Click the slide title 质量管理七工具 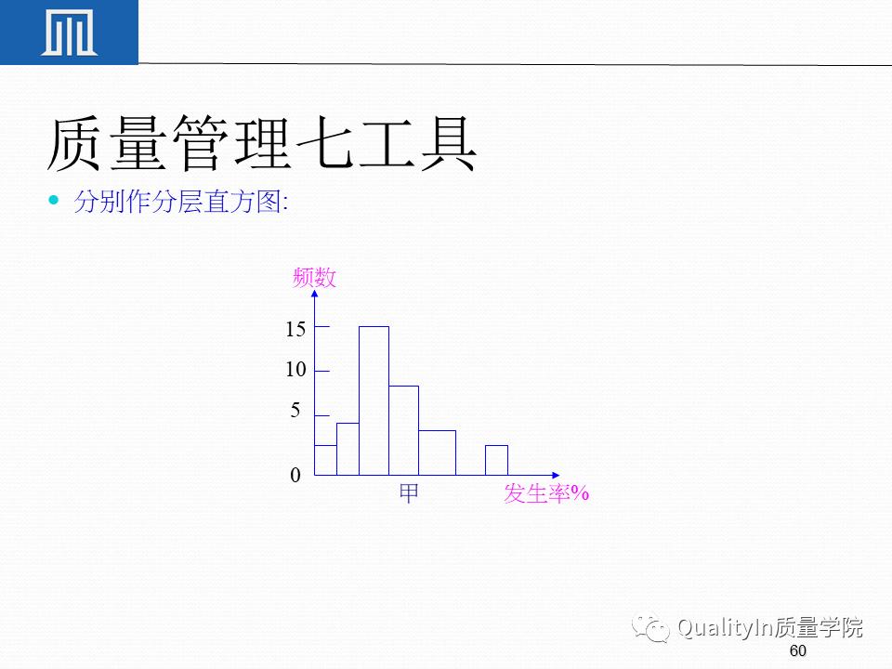click(261, 144)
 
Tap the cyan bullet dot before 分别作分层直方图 click(54, 200)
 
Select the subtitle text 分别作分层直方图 click(180, 203)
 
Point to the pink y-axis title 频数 click(314, 277)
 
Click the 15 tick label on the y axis click(295, 329)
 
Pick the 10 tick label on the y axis click(295, 370)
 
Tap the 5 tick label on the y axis click(295, 411)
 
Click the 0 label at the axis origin click(295, 476)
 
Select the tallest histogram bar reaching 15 click(374, 400)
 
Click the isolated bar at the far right click(496, 460)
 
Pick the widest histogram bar click(437, 453)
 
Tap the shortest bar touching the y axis click(325, 460)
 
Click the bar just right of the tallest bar click(403, 430)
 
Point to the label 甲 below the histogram click(409, 494)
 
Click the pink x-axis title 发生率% click(546, 494)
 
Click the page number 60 click(797, 650)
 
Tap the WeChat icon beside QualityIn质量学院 click(652, 629)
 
